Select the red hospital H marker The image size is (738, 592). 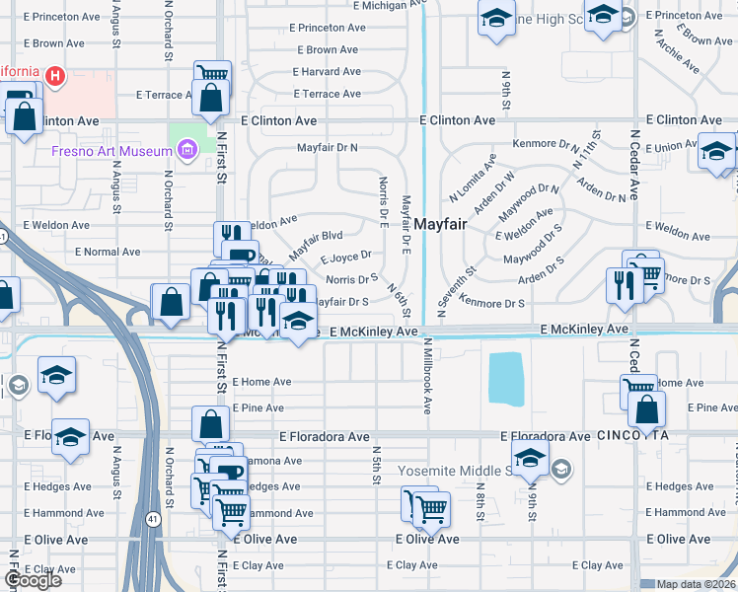(55, 74)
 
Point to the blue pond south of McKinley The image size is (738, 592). (507, 379)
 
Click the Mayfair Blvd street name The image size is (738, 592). (316, 244)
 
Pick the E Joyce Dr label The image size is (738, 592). (345, 259)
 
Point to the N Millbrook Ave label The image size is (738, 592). (427, 376)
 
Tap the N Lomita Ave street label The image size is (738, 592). (473, 177)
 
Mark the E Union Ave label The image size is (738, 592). (674, 147)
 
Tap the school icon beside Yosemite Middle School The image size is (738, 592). (530, 457)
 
